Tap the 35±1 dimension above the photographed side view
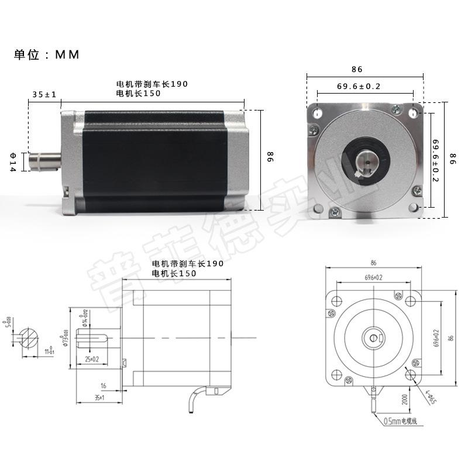[44, 94]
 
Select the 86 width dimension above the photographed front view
[357, 69]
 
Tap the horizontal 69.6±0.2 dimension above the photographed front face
[359, 87]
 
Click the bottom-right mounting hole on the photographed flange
[414, 208]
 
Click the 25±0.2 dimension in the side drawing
[91, 358]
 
